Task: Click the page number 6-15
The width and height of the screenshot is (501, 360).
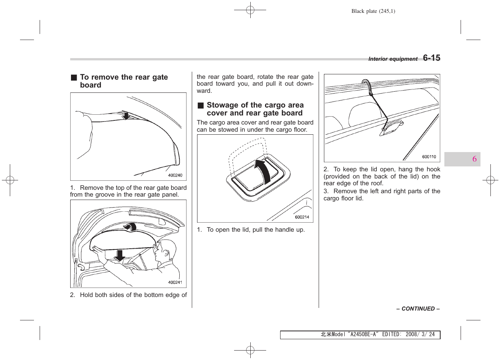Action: pos(432,58)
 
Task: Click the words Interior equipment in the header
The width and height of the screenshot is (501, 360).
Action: pos(393,59)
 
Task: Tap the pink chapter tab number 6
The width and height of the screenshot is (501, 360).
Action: pos(474,159)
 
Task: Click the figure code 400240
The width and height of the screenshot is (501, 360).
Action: pos(175,175)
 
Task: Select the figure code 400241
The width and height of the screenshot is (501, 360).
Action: pos(175,282)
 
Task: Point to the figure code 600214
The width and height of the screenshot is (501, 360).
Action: pos(302,217)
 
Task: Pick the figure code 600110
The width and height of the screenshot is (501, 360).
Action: pos(429,157)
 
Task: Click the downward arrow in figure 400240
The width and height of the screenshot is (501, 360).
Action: pos(126,115)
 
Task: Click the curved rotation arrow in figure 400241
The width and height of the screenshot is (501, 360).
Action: pos(130,226)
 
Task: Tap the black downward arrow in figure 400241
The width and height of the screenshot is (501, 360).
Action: pos(120,255)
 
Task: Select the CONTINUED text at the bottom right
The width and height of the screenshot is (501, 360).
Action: pos(418,309)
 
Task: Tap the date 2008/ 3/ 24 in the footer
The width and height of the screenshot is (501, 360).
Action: pos(420,334)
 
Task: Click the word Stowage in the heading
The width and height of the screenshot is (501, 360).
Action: pos(222,105)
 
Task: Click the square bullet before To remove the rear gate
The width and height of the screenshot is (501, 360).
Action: pos(74,78)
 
